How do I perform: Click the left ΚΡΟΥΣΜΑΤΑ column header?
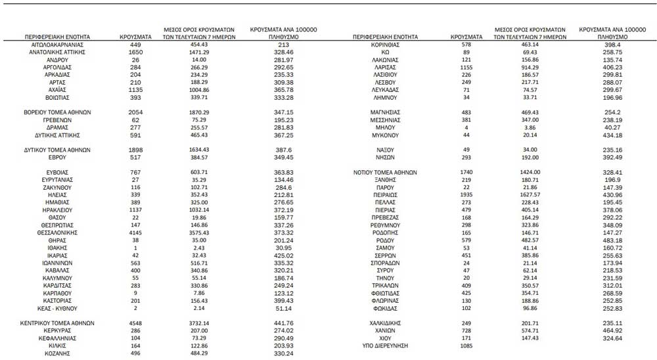click(x=136, y=37)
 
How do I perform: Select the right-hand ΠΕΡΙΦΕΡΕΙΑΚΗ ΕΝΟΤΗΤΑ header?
click(x=386, y=37)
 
